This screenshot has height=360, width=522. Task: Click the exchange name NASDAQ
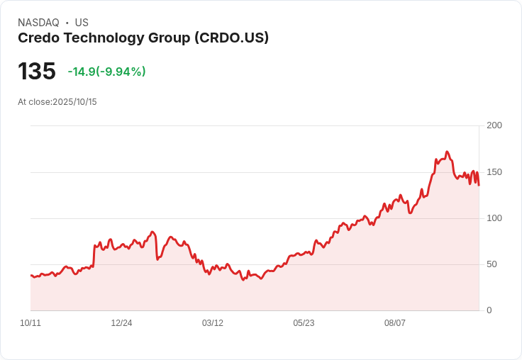pos(38,23)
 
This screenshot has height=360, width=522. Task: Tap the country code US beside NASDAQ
pos(82,23)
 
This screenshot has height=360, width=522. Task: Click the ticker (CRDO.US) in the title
pos(231,38)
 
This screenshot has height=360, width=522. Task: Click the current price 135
pos(37,72)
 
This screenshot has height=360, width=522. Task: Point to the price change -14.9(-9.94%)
pos(106,72)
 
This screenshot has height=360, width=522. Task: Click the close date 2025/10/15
pos(74,102)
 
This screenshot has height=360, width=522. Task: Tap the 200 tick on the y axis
pos(494,125)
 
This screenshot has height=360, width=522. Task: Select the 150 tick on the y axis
pos(494,171)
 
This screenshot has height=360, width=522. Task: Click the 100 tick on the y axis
pos(494,218)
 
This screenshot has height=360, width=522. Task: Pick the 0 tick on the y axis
pos(489,310)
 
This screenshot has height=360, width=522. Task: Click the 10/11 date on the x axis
pos(30,323)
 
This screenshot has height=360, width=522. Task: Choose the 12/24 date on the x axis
pos(121,323)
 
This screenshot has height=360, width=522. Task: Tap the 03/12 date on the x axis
pos(213,323)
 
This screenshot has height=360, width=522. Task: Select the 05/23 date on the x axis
pos(304,323)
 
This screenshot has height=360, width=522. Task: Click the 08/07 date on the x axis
pos(395,323)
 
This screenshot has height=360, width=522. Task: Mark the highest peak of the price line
pos(447,152)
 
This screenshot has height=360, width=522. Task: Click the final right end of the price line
pos(479,185)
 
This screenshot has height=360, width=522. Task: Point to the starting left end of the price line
pos(30,275)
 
